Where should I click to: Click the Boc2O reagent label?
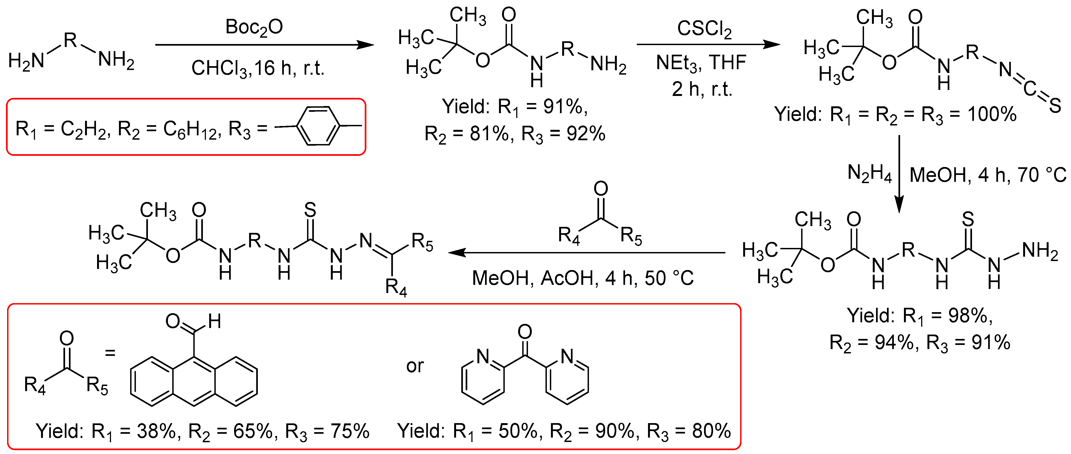click(254, 27)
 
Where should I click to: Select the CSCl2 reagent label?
click(704, 29)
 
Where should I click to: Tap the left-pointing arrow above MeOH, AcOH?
click(586, 252)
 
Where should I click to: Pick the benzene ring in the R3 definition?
click(318, 126)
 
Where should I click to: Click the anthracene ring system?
click(194, 381)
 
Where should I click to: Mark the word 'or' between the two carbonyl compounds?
click(415, 366)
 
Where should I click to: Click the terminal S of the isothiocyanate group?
click(1055, 105)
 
